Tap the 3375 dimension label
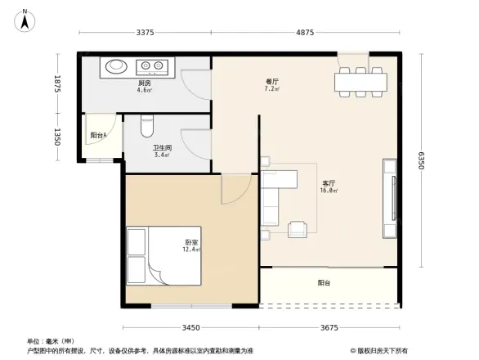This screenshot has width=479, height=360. click(x=145, y=33)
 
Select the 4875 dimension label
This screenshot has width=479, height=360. click(x=304, y=33)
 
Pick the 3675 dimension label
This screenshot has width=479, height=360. click(x=329, y=328)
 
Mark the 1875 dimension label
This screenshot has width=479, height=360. click(x=58, y=84)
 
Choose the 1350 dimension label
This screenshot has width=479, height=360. click(x=58, y=136)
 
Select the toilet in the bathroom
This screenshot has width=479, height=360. click(x=147, y=125)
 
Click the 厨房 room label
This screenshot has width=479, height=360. click(x=144, y=83)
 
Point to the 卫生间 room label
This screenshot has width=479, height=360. click(x=161, y=148)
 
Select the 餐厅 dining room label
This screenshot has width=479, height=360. click(x=272, y=82)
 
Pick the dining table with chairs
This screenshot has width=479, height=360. click(x=359, y=81)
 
